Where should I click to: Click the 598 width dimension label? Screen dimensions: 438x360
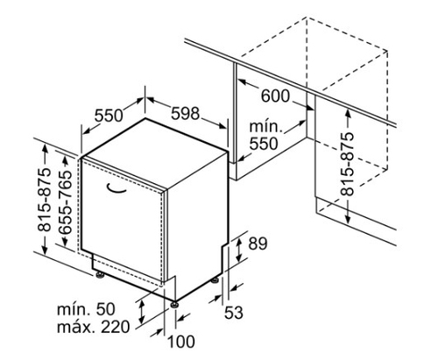click(x=186, y=113)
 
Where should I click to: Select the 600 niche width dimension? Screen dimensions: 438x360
click(x=275, y=95)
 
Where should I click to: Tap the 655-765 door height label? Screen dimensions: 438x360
click(x=65, y=201)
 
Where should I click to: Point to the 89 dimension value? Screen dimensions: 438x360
click(x=258, y=244)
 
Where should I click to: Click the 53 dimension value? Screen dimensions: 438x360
click(x=234, y=313)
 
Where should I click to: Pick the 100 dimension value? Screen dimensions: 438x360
click(x=180, y=342)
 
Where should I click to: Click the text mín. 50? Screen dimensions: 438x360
click(x=86, y=309)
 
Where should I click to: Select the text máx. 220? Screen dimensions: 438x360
click(x=93, y=327)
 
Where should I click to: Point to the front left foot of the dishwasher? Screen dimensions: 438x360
click(x=99, y=275)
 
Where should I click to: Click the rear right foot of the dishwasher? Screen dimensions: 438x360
click(x=215, y=279)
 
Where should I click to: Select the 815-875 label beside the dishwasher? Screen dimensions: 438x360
click(x=45, y=200)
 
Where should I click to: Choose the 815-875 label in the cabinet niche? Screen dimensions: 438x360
click(x=347, y=164)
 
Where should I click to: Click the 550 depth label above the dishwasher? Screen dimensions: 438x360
click(x=109, y=116)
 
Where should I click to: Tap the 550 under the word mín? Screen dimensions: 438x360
click(x=264, y=144)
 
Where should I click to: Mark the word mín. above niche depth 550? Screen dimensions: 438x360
click(x=265, y=126)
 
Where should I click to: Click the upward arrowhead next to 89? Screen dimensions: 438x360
click(x=238, y=241)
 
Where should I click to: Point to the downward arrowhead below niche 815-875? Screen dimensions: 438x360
click(x=348, y=220)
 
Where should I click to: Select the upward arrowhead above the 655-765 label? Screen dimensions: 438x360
click(x=65, y=161)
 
